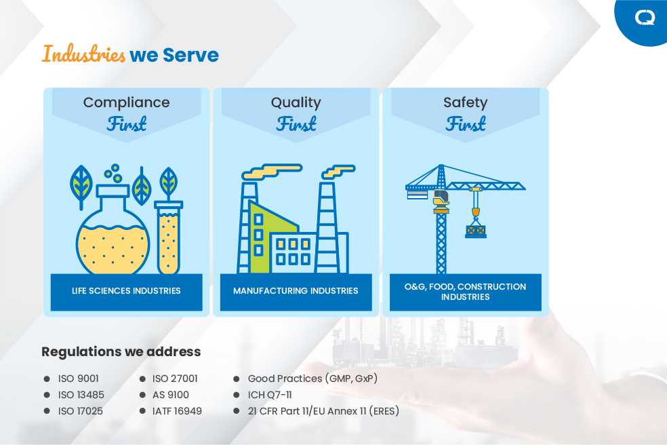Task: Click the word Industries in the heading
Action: (83, 54)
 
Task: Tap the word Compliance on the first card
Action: (126, 102)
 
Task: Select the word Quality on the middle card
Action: (296, 102)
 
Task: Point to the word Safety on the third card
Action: (465, 102)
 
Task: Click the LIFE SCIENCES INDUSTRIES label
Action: (126, 291)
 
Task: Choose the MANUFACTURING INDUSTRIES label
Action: (296, 291)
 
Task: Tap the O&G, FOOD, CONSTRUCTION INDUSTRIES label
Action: (465, 292)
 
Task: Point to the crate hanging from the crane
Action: (476, 231)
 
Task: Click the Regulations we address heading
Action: (121, 351)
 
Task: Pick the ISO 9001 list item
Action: (78, 379)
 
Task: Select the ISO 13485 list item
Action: (81, 395)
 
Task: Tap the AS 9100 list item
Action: (171, 395)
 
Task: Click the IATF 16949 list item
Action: (177, 411)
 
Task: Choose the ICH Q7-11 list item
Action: (270, 395)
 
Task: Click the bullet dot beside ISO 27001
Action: (142, 379)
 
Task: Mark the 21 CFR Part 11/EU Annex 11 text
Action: (323, 411)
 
